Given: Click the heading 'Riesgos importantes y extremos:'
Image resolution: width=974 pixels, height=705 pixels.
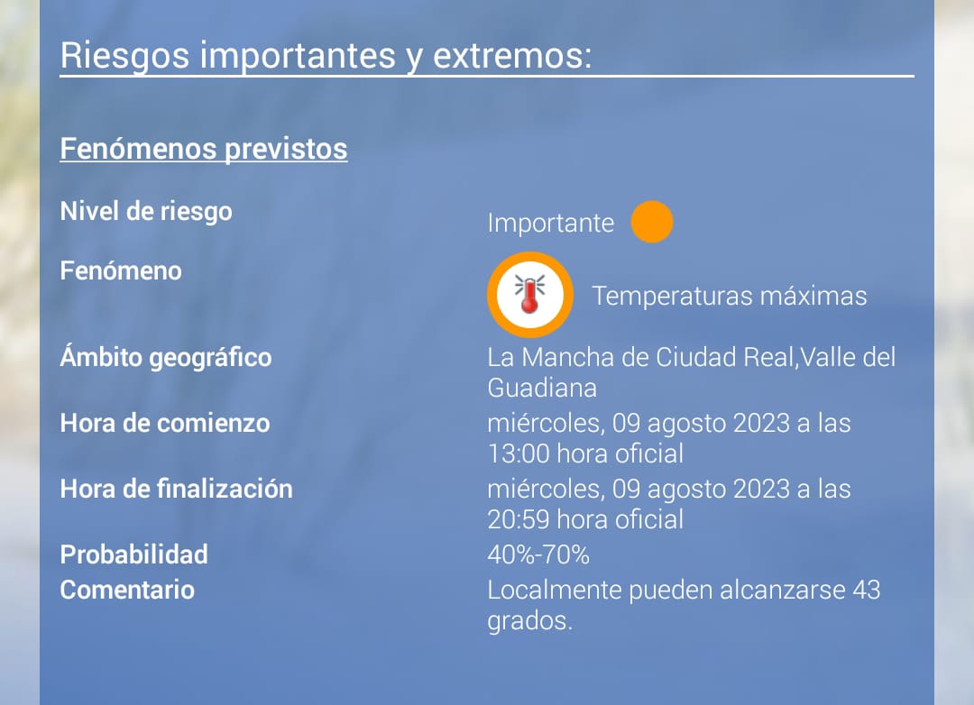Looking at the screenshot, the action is point(326,56).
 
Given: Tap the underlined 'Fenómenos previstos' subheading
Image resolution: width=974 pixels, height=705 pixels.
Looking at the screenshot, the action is point(204,149).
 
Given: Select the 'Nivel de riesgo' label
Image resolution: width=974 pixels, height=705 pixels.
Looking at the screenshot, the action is point(146,212).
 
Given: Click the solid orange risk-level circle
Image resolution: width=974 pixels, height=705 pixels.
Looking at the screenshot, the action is point(652,222).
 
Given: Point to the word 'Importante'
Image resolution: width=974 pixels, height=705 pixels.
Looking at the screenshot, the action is point(550,223).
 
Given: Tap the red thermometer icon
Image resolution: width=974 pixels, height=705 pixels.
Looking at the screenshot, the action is point(529,295).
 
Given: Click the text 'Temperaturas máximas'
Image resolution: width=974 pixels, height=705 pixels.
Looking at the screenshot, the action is point(730,296).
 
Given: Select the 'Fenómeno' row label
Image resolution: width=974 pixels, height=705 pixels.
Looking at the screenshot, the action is point(121,270).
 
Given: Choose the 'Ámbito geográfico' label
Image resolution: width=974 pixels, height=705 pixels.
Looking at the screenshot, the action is point(166,358).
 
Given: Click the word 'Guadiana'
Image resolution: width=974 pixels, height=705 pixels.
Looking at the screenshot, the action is point(542,389).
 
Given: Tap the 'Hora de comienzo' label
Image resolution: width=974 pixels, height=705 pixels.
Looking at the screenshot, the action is point(165,424).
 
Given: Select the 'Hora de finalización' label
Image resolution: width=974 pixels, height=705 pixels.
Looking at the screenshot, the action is point(177,490).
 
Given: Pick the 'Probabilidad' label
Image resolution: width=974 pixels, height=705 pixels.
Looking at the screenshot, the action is point(133,554).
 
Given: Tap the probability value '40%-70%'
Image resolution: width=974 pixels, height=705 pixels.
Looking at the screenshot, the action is point(538,554).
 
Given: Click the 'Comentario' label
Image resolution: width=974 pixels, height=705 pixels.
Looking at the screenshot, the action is point(127,591).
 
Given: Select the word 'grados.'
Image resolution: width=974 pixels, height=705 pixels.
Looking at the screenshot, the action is point(529,621).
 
